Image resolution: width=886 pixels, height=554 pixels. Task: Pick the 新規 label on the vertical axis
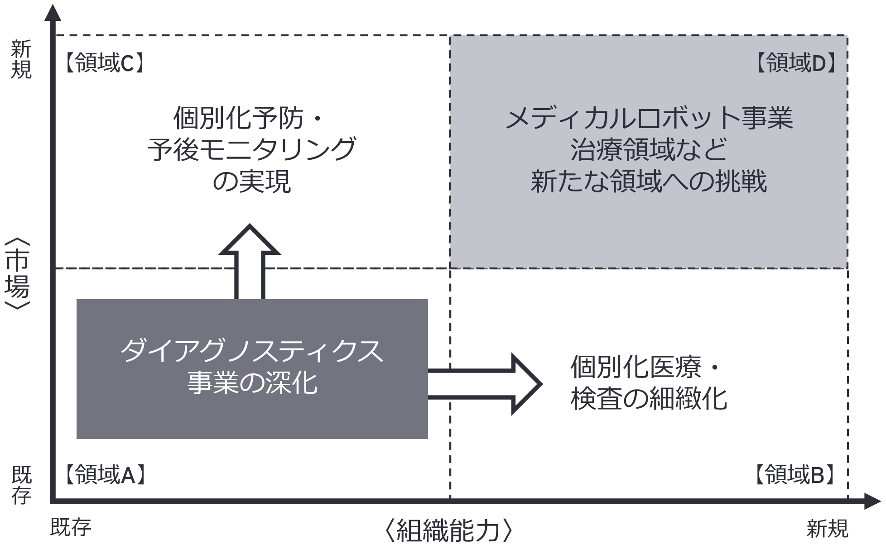pos(21,59)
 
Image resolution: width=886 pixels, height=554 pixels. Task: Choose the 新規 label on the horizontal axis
pos(827,528)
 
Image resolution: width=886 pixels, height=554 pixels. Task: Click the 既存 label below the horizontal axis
pos(71,527)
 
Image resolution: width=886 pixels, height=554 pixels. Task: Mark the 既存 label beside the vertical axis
pos(21,485)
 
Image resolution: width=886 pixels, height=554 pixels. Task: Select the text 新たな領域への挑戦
pos(649,181)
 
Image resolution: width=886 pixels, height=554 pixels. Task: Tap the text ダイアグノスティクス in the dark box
pos(252,351)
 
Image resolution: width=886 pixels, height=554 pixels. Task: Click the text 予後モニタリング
pos(252,149)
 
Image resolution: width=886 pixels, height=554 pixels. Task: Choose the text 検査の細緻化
pos(649,399)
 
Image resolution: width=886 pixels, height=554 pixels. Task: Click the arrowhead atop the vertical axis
pos(53,13)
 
